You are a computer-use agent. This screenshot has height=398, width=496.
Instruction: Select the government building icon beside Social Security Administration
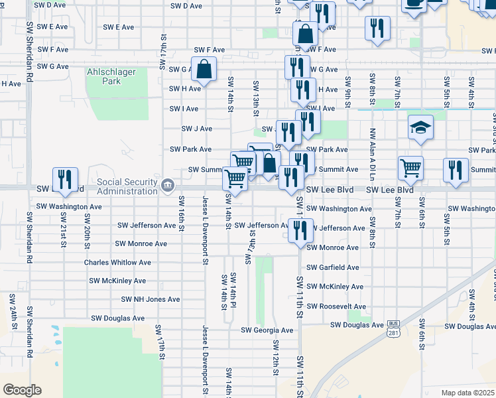167,184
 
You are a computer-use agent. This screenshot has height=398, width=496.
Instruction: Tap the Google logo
22,389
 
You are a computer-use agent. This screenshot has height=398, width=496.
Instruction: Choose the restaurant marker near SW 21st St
65,179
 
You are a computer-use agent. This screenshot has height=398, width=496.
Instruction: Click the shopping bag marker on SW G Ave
204,68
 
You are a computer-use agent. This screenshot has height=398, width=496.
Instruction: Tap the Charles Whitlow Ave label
117,263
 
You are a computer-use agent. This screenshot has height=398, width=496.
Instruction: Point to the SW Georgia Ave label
267,330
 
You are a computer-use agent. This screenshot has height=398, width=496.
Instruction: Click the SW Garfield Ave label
332,267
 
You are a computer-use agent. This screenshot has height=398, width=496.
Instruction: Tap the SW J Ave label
197,129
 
